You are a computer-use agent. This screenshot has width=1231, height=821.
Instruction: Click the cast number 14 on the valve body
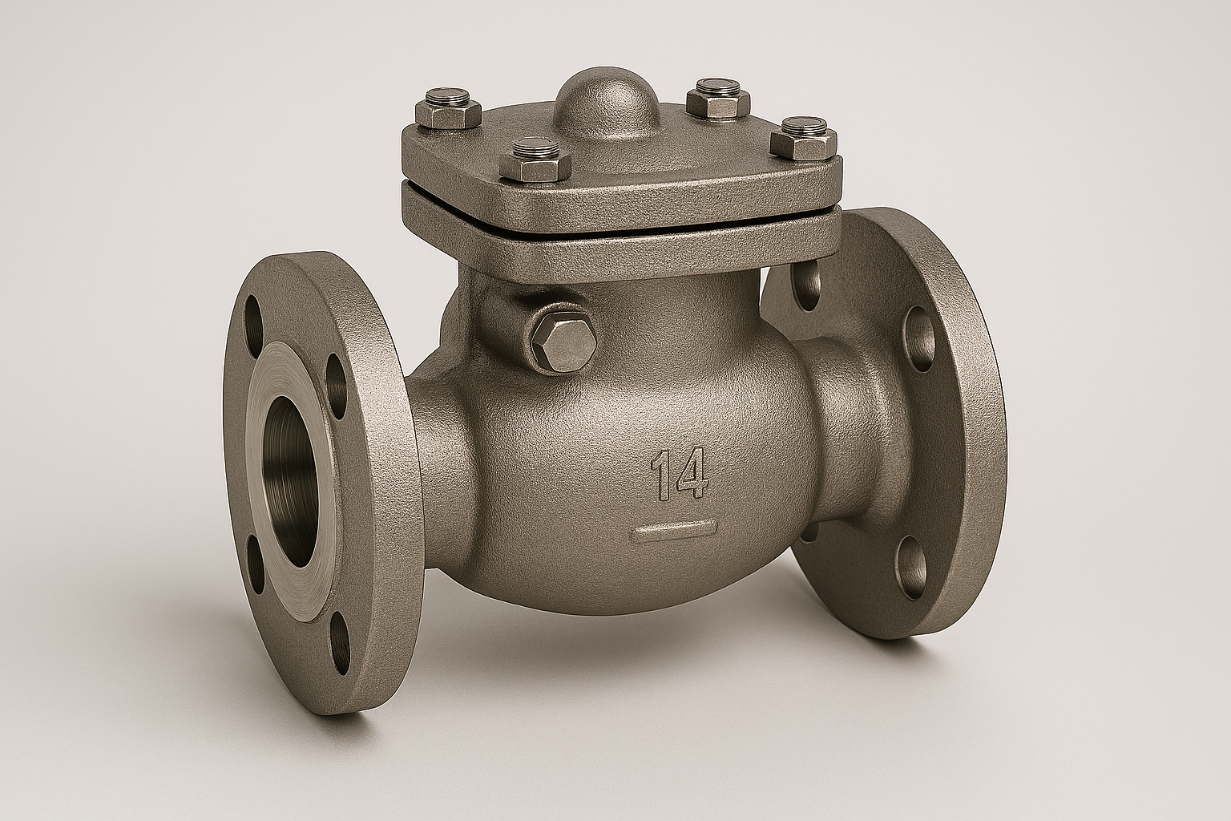pos(679,473)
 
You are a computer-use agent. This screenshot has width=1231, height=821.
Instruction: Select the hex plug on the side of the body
pos(563,340)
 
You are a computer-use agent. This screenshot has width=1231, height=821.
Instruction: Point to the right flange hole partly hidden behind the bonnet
pos(808,284)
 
